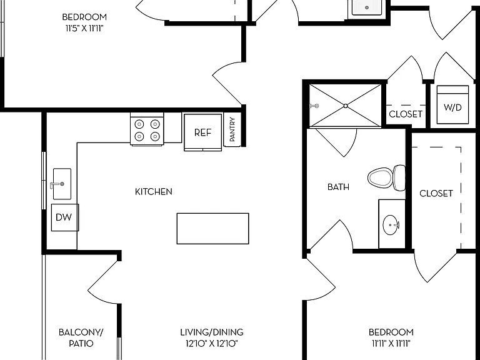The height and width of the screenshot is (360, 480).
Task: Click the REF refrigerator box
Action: pos(203,132)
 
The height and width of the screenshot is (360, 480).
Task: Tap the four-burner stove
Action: pos(147,129)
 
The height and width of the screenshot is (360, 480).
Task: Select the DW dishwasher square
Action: pos(65,217)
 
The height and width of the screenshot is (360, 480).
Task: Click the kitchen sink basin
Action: pos(62,184)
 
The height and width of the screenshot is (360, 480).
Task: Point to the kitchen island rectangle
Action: pos(212,229)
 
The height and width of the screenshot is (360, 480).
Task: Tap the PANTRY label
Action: pos(232,129)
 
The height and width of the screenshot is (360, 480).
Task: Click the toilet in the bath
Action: pos(387,177)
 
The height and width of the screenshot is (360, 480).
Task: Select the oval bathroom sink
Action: pos(391,225)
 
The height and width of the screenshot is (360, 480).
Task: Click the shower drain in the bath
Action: pos(346,106)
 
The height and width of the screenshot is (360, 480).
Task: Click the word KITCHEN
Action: pos(154,192)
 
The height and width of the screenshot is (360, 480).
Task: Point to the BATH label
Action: pos(338,187)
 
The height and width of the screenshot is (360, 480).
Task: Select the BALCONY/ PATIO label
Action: pos(81,337)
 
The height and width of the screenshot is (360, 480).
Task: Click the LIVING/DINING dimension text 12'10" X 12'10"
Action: pos(211,344)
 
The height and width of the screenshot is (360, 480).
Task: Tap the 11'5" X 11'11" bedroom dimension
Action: pos(84,29)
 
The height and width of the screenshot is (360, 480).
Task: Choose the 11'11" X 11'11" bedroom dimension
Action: pos(391,344)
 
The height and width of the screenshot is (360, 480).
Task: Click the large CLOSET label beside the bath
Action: pos(436,194)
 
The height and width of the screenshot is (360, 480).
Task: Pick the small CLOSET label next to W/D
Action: pos(406,114)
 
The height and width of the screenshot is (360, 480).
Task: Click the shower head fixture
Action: pos(314,106)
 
